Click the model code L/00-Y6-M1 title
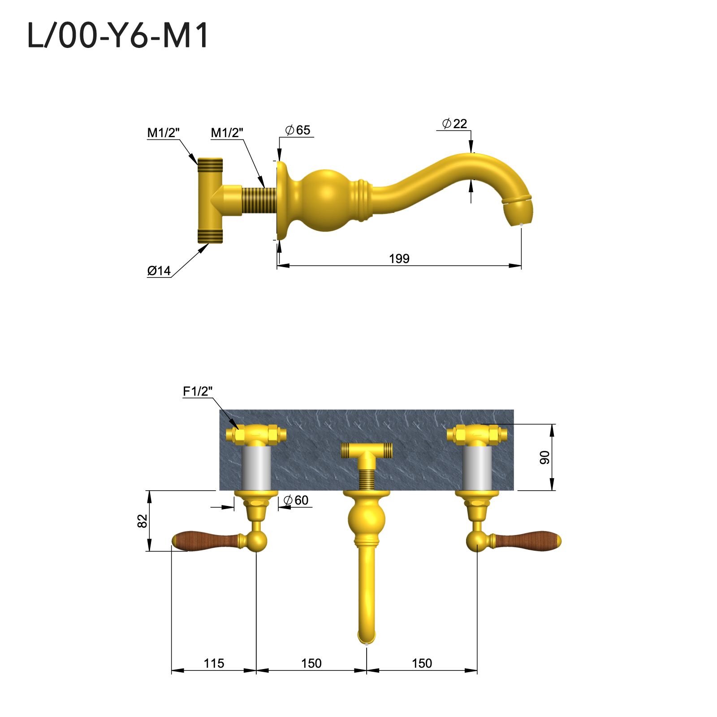click(x=118, y=36)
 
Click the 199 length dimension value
click(x=399, y=259)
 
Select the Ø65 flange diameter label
click(x=298, y=130)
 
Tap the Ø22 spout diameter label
click(x=454, y=124)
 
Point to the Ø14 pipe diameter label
click(x=159, y=271)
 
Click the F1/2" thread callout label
click(x=197, y=391)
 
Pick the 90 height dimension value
click(x=544, y=458)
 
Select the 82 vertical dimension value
click(x=142, y=521)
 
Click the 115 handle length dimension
click(x=214, y=663)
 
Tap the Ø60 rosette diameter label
click(x=296, y=500)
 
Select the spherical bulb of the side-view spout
click(x=326, y=200)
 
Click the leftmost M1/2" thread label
click(x=163, y=133)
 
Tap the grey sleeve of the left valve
click(x=256, y=468)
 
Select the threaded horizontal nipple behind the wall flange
click(x=259, y=200)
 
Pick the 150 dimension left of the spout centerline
click(x=311, y=663)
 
